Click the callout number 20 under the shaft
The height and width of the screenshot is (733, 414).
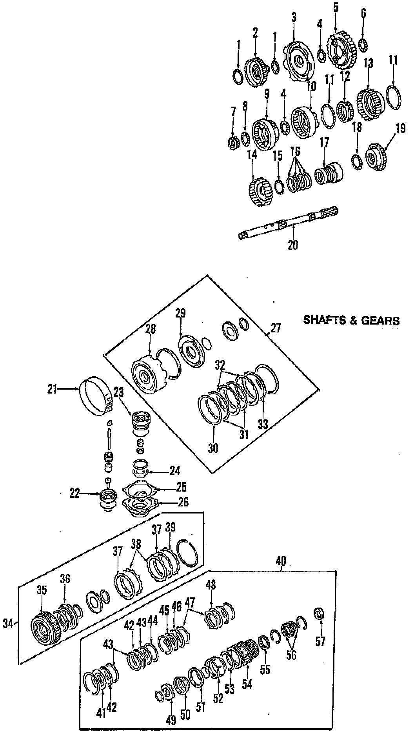(293, 245)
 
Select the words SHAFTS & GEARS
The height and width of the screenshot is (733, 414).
(352, 321)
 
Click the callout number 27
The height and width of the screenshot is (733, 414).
(276, 328)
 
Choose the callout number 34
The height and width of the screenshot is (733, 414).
(8, 623)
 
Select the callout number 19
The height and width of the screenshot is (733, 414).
(400, 129)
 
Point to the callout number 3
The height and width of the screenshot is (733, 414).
(294, 17)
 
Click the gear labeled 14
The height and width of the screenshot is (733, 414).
(260, 192)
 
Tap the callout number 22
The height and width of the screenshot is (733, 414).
(74, 493)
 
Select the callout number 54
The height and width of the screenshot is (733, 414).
(247, 684)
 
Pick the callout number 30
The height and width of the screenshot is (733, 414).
(213, 448)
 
